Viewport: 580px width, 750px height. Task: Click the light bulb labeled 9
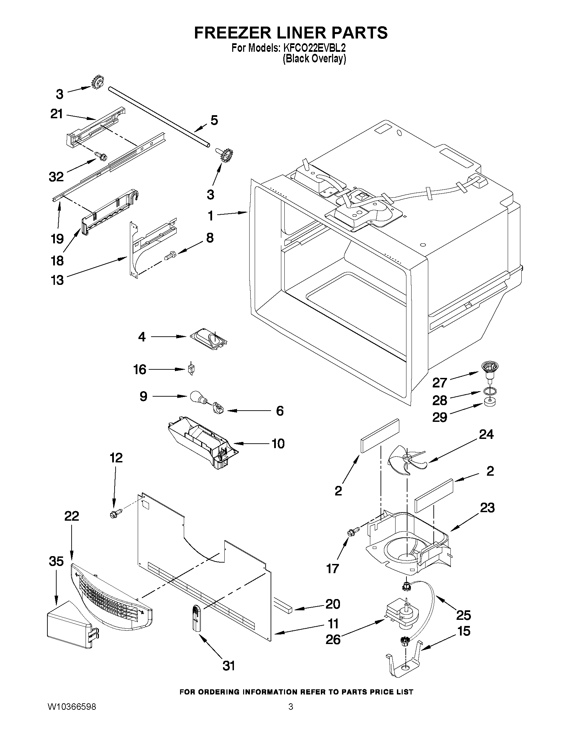tap(197, 397)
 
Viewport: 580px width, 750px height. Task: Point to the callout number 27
tap(440, 382)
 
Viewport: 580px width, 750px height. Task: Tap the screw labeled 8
tap(170, 255)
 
